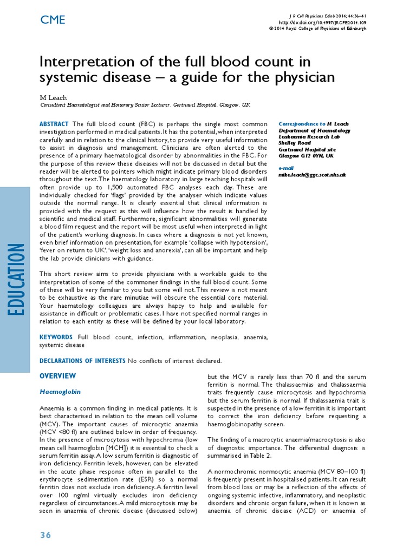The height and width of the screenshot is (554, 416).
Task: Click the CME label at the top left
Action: pyautogui.click(x=53, y=20)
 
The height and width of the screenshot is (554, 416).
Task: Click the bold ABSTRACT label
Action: pyautogui.click(x=54, y=124)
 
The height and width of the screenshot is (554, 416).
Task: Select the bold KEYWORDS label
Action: pyautogui.click(x=56, y=337)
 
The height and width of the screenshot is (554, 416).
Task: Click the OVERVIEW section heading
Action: pyautogui.click(x=58, y=375)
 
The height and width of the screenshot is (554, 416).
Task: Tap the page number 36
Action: pyautogui.click(x=45, y=535)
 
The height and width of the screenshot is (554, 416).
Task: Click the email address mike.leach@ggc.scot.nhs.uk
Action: pyautogui.click(x=312, y=175)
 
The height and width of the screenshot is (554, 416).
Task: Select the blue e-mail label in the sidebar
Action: pyautogui.click(x=286, y=169)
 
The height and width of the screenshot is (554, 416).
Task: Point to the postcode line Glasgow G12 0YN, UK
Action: pyautogui.click(x=306, y=155)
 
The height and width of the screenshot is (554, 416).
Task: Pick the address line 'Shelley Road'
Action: pyautogui.click(x=295, y=143)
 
